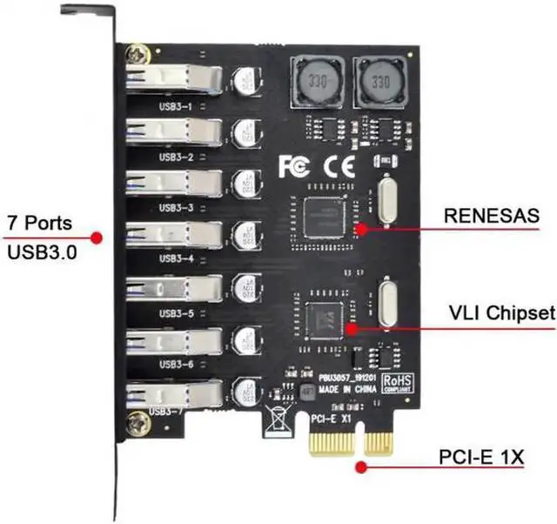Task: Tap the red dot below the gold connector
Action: [x=359, y=465]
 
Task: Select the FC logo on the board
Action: [x=293, y=165]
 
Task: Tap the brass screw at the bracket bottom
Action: [x=136, y=424]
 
